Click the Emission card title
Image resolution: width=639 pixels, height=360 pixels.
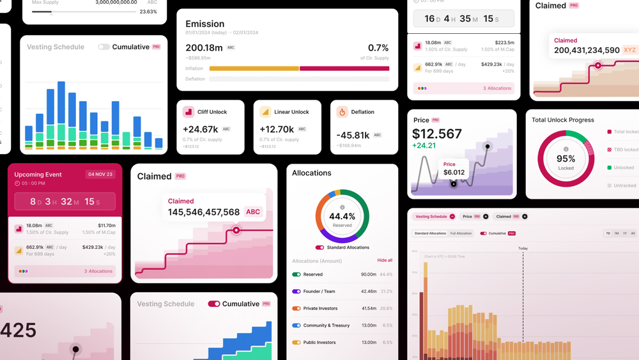(204, 24)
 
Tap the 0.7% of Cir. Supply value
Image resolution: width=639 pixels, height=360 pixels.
(378, 48)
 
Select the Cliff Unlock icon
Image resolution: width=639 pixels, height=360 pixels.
(189, 112)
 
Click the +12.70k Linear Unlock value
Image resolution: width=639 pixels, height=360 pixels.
(277, 130)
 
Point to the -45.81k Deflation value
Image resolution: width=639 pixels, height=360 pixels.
(353, 136)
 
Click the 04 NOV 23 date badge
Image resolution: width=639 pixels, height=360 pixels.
(100, 175)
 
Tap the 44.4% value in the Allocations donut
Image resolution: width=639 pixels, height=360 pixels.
(342, 217)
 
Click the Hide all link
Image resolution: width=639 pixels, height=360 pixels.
(385, 260)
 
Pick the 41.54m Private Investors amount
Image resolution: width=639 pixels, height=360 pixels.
(369, 308)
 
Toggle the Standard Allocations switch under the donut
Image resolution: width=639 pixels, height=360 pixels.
(319, 247)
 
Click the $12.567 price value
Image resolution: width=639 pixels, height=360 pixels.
(437, 134)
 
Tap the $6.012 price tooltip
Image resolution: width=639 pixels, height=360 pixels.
(454, 172)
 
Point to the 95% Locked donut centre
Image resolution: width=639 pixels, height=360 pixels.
(566, 159)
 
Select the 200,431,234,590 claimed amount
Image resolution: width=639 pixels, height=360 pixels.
(587, 51)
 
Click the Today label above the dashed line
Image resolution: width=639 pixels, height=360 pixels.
(523, 248)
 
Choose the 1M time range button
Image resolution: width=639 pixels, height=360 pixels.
(616, 233)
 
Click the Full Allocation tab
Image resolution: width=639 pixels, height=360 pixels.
(461, 233)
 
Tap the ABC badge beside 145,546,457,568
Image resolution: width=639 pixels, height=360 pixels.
(253, 212)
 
